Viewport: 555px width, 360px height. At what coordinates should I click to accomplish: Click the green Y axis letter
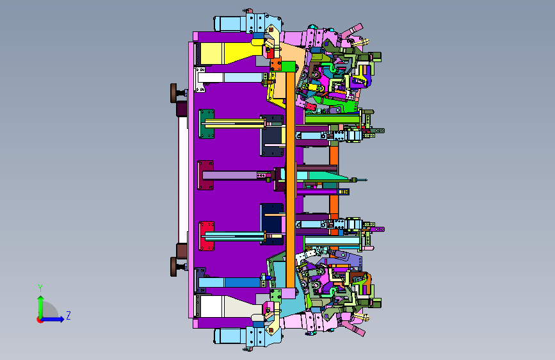point(40,288)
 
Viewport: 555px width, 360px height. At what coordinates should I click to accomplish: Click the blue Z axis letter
point(68,315)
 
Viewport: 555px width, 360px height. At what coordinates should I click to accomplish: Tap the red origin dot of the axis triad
point(40,320)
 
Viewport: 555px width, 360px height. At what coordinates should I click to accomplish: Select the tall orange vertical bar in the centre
point(291,179)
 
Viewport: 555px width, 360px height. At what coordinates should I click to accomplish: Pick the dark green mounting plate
point(207,124)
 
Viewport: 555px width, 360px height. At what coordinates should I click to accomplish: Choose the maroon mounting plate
point(205,175)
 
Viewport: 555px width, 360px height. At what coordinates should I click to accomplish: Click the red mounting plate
point(207,236)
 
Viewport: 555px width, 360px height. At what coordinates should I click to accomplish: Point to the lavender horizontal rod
point(230,175)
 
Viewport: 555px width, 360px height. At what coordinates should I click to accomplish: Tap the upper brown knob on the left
point(174,93)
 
